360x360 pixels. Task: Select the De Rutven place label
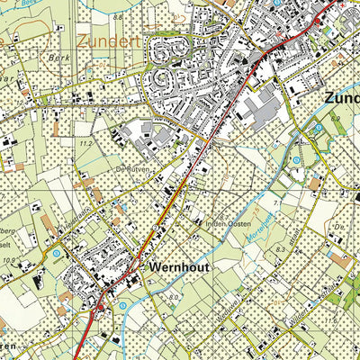pyautogui.click(x=129, y=168)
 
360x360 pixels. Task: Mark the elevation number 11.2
pyautogui.click(x=86, y=143)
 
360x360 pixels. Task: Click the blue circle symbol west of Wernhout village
pyautogui.click(x=57, y=255)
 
